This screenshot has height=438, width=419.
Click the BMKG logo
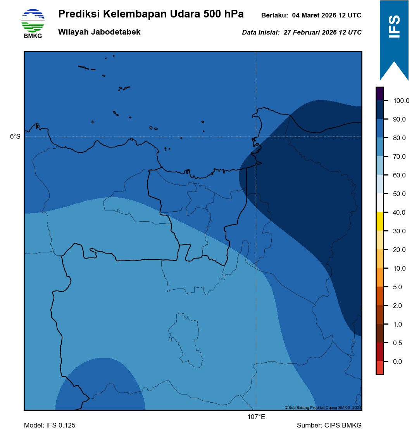(33, 23)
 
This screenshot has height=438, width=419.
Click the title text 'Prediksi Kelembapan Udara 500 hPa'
(151, 14)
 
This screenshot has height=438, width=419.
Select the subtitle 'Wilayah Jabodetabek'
(99, 32)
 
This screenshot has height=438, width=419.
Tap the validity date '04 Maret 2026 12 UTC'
(326, 16)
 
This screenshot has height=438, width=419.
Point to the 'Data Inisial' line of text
(302, 33)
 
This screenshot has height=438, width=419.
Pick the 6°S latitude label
(15, 137)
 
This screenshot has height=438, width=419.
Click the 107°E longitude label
(256, 417)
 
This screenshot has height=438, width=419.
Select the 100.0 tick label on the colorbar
(401, 101)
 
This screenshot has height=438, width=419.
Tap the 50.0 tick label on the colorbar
(399, 194)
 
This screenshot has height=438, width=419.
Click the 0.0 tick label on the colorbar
(398, 362)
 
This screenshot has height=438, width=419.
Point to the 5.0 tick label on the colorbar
(398, 287)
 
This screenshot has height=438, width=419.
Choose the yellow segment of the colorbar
(380, 222)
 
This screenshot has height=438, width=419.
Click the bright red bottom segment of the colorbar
(380, 368)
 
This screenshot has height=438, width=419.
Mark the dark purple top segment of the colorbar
(380, 94)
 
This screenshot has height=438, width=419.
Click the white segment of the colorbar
(380, 203)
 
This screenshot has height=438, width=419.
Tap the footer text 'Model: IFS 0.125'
(50, 426)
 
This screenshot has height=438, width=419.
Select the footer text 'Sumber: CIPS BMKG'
(329, 426)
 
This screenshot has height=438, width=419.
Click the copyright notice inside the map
(323, 407)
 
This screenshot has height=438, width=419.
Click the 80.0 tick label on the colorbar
(399, 138)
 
